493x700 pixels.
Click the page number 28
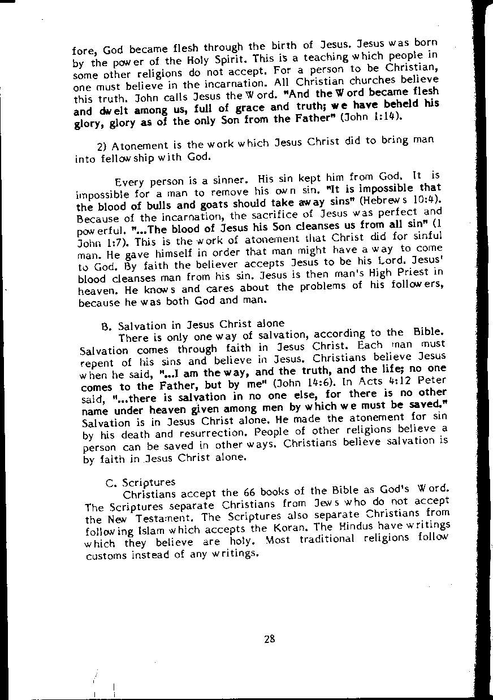(269, 639)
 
